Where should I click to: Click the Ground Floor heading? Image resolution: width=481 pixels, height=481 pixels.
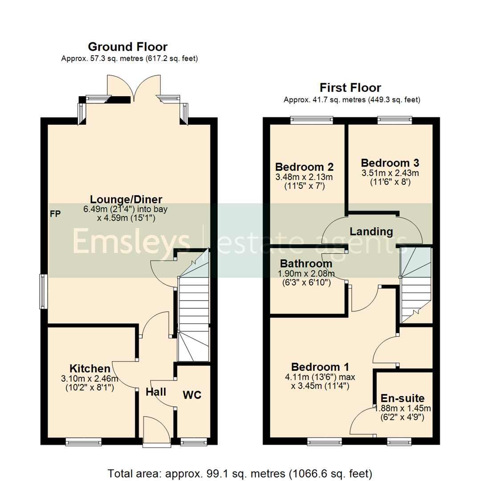(127, 47)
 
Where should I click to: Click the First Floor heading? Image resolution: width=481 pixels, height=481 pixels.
(351, 88)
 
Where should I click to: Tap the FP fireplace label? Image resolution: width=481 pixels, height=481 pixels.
(55, 214)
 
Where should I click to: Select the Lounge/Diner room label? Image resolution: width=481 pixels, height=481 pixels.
(126, 199)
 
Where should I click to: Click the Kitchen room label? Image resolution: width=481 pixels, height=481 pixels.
(90, 368)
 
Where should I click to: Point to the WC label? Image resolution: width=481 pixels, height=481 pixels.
(192, 395)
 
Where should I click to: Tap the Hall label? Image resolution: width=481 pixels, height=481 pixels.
(156, 392)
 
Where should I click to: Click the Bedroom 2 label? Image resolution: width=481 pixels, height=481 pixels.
(305, 167)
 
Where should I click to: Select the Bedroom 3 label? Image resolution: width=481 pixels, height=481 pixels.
(390, 163)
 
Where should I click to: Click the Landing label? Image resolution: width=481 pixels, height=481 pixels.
(371, 232)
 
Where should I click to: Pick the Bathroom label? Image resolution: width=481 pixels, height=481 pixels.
(306, 264)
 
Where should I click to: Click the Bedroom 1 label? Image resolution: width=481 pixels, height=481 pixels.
(320, 367)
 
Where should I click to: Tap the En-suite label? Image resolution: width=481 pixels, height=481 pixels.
(402, 398)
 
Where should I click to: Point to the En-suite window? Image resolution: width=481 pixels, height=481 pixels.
(399, 441)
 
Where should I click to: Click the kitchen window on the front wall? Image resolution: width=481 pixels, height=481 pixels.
(83, 441)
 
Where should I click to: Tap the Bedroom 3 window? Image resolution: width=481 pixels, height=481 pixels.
(395, 119)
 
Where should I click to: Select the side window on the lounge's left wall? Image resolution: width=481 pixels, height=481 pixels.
(43, 291)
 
